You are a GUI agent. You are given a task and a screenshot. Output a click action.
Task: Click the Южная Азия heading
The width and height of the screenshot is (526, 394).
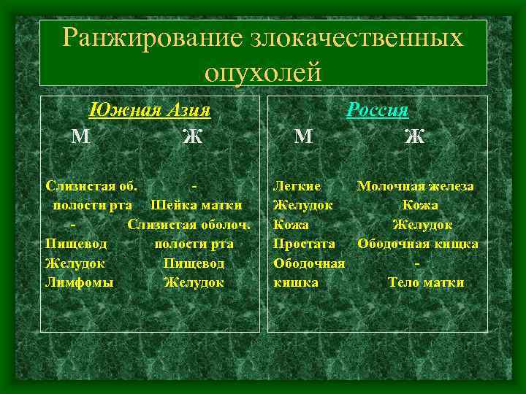pyautogui.click(x=149, y=110)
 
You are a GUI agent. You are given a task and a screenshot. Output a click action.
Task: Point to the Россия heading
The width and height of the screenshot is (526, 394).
pyautogui.click(x=378, y=110)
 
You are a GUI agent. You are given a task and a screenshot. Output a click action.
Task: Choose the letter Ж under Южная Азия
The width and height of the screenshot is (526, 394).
pyautogui.click(x=192, y=136)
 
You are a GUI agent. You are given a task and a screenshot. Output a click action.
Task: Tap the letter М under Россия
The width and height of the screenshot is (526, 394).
pyautogui.click(x=304, y=136)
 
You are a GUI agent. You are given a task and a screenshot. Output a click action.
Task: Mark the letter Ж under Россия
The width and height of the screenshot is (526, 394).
pyautogui.click(x=414, y=136)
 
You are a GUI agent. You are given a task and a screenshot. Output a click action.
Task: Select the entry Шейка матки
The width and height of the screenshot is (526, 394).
pyautogui.click(x=196, y=205)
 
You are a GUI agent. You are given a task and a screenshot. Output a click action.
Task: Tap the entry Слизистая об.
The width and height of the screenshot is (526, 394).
pyautogui.click(x=94, y=186)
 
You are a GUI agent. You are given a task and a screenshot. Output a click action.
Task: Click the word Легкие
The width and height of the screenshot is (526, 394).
pyautogui.click(x=294, y=186)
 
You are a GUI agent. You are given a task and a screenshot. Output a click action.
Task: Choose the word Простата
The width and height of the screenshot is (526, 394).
pyautogui.click(x=304, y=243)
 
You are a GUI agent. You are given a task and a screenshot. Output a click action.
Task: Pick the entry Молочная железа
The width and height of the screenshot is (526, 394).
pyautogui.click(x=415, y=186)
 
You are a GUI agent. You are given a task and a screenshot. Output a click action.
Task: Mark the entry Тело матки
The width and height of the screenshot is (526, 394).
pyautogui.click(x=425, y=282)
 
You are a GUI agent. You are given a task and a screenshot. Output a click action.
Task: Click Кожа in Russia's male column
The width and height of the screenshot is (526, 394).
pyautogui.click(x=291, y=224)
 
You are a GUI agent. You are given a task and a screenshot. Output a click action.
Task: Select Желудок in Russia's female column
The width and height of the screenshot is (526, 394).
pyautogui.click(x=422, y=224)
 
